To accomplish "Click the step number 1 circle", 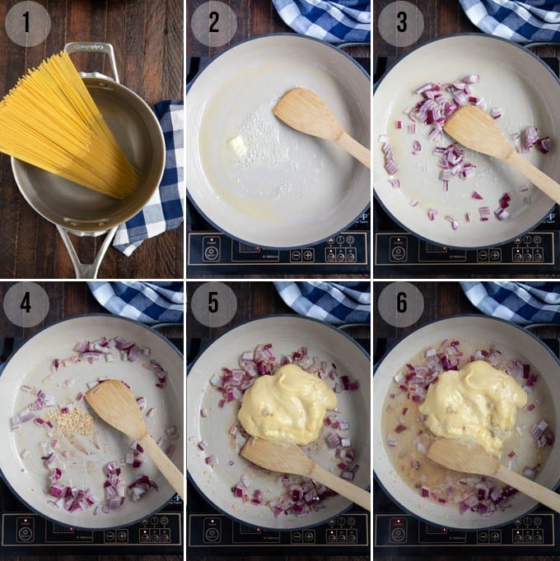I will click(27, 23).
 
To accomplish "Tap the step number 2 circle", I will click(213, 23).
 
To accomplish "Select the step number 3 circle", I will click(400, 23).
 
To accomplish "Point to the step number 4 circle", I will click(27, 304).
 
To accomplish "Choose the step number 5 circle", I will click(213, 304).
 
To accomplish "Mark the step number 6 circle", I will click(400, 304).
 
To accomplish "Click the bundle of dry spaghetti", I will click(70, 123).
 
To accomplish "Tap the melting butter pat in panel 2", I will click(238, 146).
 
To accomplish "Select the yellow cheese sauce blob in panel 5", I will click(276, 403).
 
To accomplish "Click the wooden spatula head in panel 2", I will click(305, 115).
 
